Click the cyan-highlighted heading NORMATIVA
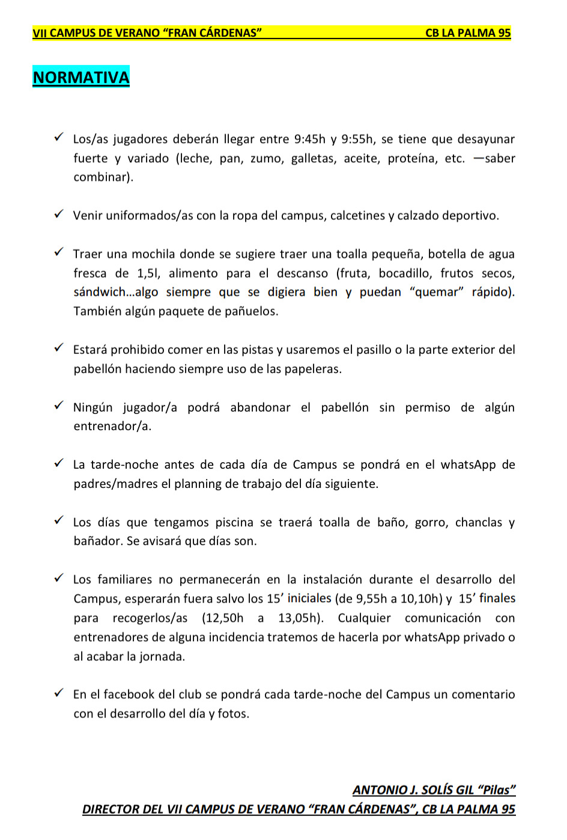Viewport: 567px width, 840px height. (x=81, y=78)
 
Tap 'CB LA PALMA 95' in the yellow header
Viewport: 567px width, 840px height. (x=468, y=33)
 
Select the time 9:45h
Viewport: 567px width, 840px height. (x=309, y=139)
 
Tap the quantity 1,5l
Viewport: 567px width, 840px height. (x=148, y=273)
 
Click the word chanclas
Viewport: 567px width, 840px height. (x=479, y=522)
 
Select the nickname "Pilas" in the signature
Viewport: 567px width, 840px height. (x=496, y=790)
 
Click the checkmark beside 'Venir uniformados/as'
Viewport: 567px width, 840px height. (x=59, y=215)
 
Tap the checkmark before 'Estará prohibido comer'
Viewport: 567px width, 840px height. (x=59, y=348)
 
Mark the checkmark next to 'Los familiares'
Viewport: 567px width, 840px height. (x=59, y=579)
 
